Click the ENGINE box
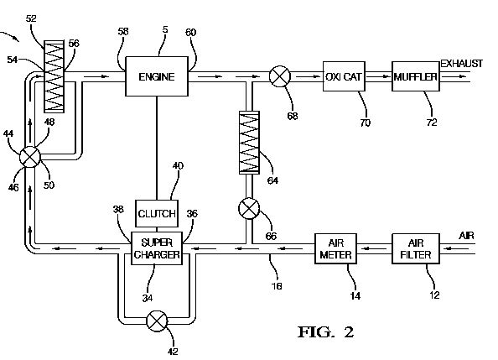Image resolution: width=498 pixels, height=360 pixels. (157, 76)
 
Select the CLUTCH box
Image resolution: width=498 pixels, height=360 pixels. (157, 213)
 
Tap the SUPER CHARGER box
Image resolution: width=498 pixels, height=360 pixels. (157, 248)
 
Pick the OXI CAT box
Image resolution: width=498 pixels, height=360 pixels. (344, 76)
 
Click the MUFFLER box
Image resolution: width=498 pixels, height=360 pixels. (416, 76)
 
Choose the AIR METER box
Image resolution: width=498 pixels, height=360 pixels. (335, 248)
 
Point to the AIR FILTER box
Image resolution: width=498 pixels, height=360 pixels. (416, 248)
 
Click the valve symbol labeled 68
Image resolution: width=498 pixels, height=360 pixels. (280, 76)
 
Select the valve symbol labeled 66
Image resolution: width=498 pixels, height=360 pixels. (249, 208)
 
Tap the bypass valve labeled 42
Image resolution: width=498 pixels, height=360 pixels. (157, 321)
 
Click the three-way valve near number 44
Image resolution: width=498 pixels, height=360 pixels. (30, 157)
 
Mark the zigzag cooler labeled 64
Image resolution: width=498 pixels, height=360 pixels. (249, 143)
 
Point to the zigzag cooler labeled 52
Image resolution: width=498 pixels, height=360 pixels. (54, 76)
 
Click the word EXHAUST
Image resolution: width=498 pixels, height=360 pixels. (461, 64)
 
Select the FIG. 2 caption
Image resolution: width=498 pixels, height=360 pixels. (326, 332)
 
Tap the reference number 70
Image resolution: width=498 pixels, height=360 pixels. (365, 123)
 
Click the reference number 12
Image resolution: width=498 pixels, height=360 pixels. (434, 295)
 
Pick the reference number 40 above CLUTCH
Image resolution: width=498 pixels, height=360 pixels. (178, 165)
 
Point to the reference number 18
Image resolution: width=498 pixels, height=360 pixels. (277, 286)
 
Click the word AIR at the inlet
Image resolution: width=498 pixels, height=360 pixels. (466, 236)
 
